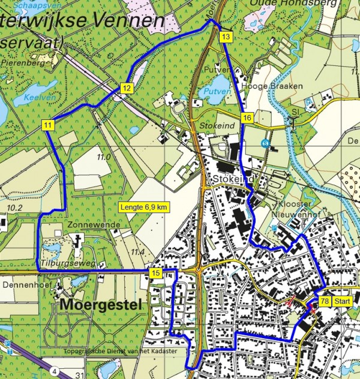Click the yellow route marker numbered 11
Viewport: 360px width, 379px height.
point(48,125)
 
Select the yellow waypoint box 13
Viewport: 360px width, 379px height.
point(225,37)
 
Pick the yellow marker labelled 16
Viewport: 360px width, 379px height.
point(247,118)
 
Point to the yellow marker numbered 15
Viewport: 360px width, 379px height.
point(155,273)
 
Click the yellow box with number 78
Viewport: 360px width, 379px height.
point(324,300)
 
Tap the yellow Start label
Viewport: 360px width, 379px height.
point(343,300)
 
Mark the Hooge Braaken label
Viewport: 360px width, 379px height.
point(262,86)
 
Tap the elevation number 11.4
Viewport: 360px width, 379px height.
point(137,252)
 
